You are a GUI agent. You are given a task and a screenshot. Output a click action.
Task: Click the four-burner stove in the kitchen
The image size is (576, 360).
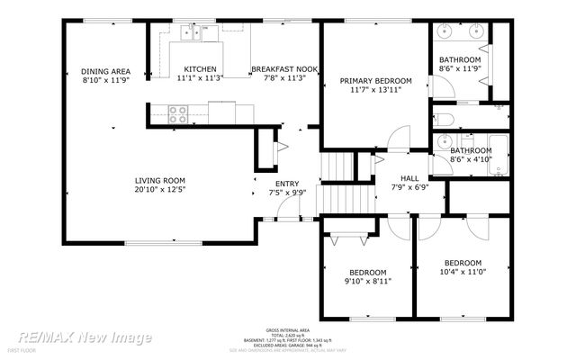(x=178, y=114)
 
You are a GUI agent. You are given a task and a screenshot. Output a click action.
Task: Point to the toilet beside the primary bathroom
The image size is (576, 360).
(x=445, y=121)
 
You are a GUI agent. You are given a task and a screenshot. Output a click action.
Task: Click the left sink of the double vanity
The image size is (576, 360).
(x=447, y=31)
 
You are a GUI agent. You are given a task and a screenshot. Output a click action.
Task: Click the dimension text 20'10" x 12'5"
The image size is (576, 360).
(x=160, y=191)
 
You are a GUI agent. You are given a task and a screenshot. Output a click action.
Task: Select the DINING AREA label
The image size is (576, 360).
(x=105, y=71)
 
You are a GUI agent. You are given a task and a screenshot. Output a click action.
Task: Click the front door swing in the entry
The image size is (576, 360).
(x=288, y=211)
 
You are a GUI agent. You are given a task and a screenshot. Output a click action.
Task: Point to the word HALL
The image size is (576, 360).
(x=409, y=177)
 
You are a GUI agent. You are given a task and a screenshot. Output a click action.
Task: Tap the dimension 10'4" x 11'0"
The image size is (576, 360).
(x=463, y=271)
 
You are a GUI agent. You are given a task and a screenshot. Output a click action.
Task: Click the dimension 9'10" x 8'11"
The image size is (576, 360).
(x=367, y=282)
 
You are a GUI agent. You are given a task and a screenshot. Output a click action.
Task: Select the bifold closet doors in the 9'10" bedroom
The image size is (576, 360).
(x=347, y=238)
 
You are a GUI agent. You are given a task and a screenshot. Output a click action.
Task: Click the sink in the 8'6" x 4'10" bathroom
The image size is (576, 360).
(x=443, y=141)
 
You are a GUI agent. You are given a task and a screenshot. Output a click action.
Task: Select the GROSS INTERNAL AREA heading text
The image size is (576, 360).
(x=287, y=330)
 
